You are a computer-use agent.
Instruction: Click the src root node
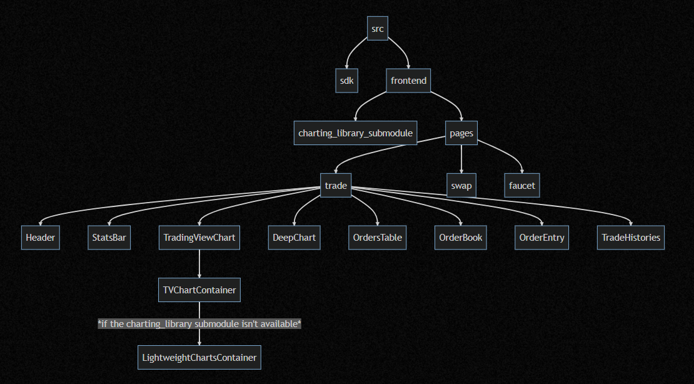[378, 28]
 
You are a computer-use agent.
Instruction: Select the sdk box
[346, 81]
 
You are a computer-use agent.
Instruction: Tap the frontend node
[408, 81]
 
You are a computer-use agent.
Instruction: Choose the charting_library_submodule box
[355, 133]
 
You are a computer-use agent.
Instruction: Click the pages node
[461, 133]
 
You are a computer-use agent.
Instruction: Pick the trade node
[336, 186]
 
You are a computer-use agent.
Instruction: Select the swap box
[461, 186]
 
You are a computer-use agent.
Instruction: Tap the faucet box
[521, 186]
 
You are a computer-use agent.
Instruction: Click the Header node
[41, 238]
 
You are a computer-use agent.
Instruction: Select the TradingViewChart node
[199, 238]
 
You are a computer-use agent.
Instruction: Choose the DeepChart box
[294, 238]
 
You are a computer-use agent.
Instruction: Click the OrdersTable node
[377, 238]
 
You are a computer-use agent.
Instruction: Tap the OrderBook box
[460, 238]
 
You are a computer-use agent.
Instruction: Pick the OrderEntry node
[541, 238]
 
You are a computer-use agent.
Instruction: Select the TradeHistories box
[630, 238]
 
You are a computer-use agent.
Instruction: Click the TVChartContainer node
[199, 290]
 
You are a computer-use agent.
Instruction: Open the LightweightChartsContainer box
[199, 358]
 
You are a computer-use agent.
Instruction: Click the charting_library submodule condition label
[199, 324]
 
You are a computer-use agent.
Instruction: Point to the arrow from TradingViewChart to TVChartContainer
[199, 264]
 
